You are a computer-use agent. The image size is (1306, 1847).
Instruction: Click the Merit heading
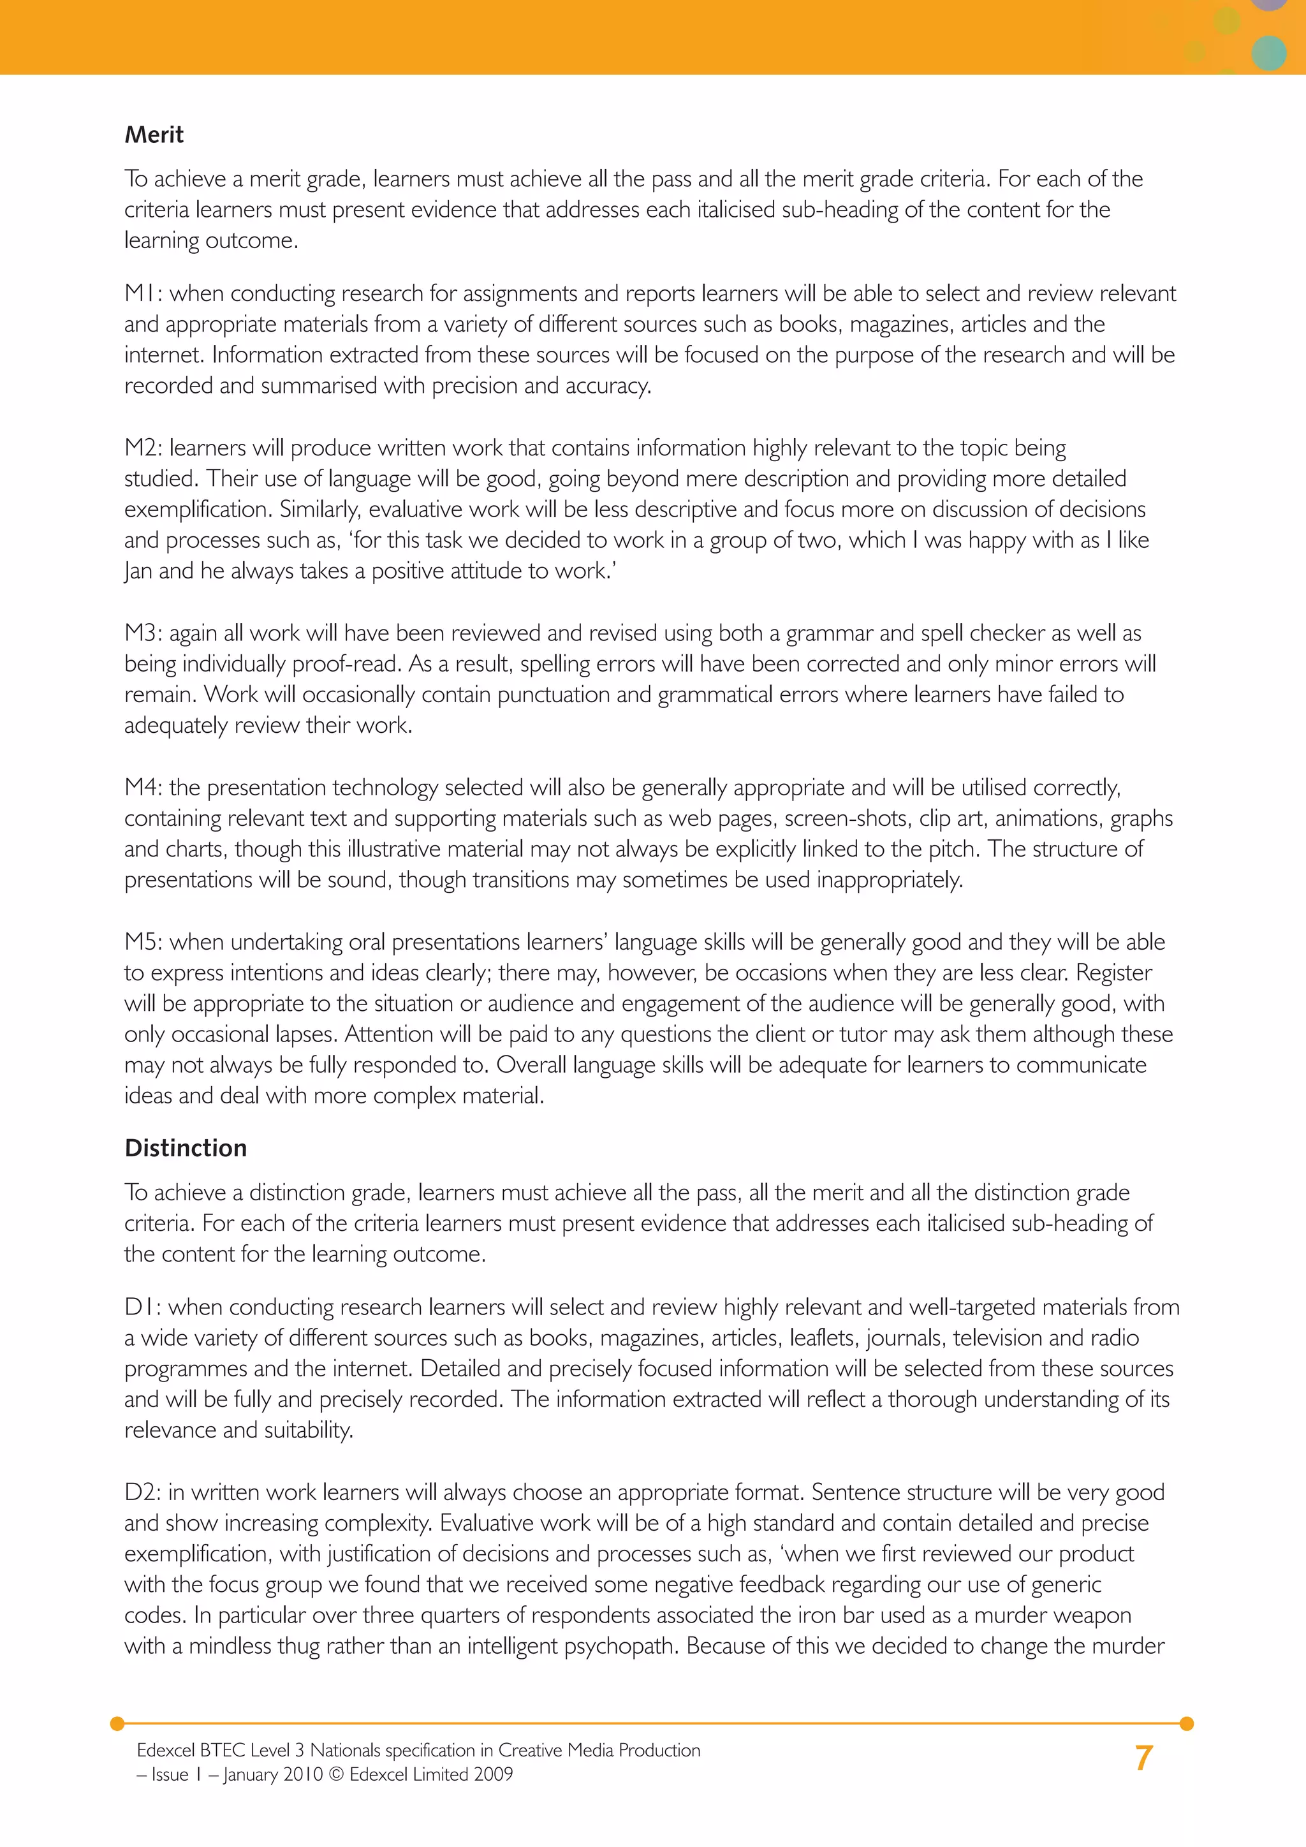tap(154, 135)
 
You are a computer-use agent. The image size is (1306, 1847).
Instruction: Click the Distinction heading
tap(185, 1148)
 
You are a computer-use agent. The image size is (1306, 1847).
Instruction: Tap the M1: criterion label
tap(144, 293)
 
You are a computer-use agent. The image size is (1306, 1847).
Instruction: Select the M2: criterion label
tap(144, 448)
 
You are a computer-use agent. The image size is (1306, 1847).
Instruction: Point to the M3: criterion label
tap(144, 633)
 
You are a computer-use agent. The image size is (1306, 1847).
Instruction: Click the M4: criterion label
tap(144, 788)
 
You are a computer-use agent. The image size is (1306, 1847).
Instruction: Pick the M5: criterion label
tap(144, 942)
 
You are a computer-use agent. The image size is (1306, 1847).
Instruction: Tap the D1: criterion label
tap(143, 1307)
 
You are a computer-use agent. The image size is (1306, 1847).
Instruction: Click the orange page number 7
tap(1143, 1758)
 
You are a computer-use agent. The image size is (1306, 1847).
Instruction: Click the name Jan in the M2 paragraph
tap(138, 572)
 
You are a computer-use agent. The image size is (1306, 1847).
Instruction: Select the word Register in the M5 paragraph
tap(1114, 973)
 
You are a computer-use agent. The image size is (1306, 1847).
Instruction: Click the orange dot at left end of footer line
tap(117, 1723)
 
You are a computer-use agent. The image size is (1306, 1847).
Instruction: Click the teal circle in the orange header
tap(1269, 52)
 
